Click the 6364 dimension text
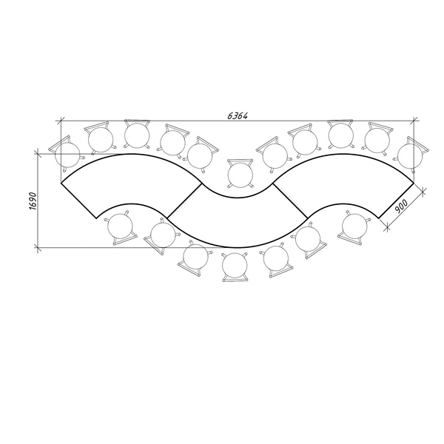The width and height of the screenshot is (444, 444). (x=238, y=115)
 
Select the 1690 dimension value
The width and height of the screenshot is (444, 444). (x=33, y=201)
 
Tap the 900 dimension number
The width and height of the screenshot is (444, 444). (x=401, y=206)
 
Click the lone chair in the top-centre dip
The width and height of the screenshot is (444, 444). (x=240, y=174)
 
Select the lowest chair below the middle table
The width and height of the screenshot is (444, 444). (x=235, y=266)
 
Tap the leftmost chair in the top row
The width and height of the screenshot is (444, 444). (x=67, y=155)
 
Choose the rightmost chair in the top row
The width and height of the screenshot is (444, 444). (x=411, y=155)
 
